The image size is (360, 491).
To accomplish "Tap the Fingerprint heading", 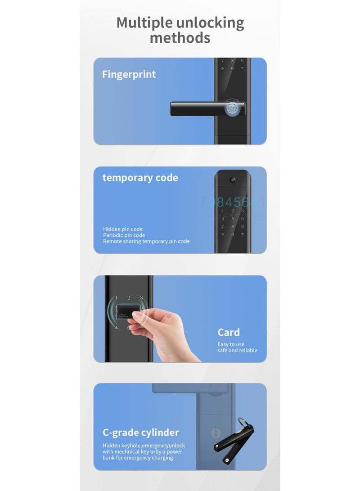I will click(129, 74).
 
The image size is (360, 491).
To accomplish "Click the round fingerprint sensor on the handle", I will click(232, 108).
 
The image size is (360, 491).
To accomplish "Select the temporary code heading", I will click(140, 178).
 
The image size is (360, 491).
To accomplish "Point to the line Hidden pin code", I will click(123, 229).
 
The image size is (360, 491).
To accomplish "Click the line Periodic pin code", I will click(124, 235).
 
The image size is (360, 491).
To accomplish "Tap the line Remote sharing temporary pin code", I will click(146, 241).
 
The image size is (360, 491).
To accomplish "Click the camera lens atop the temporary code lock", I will click(232, 180).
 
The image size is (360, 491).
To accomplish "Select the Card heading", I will click(229, 333).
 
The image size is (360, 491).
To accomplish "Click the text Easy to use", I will click(231, 344).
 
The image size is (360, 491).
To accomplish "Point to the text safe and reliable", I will click(237, 350).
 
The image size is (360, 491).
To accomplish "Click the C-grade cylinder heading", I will click(140, 432).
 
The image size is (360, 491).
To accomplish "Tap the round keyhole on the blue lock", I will click(216, 433).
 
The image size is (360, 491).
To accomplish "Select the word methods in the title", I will click(180, 38).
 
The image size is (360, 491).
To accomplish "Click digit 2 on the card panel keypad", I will click(129, 297).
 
